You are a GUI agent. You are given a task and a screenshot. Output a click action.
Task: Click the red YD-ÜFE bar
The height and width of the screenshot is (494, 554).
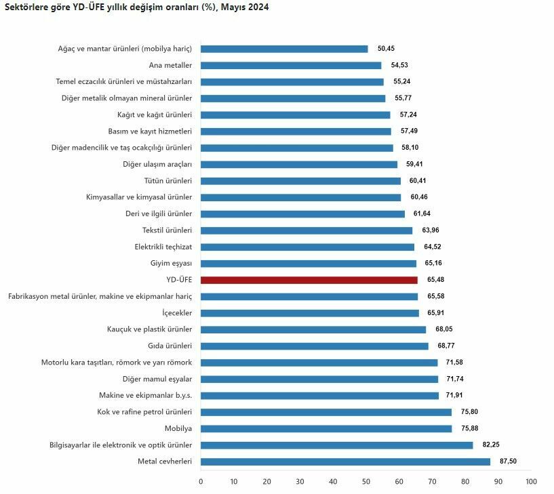tap(309, 280)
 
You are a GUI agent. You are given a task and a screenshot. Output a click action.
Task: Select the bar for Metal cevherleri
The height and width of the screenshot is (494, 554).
tap(345, 461)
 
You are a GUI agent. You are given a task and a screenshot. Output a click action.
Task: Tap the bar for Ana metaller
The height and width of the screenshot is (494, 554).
tap(290, 65)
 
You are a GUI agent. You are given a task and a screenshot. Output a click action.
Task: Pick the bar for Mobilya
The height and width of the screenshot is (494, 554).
tap(326, 428)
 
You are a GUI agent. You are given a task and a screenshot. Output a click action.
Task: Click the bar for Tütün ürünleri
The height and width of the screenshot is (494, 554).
tap(300, 181)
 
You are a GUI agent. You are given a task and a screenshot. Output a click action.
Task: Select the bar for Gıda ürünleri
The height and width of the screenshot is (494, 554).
tap(314, 346)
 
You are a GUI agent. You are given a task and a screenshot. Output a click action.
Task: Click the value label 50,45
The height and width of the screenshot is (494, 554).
tap(386, 49)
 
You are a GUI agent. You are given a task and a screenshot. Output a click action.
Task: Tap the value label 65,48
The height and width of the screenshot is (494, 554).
tap(435, 280)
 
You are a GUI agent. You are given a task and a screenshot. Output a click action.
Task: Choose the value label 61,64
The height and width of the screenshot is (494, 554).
tap(422, 214)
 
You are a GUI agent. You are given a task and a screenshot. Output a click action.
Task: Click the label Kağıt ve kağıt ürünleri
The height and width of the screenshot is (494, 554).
tap(155, 115)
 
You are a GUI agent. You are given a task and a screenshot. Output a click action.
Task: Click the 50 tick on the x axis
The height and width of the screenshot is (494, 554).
tap(366, 482)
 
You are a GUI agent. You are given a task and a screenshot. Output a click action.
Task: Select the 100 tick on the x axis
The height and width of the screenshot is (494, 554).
tap(531, 482)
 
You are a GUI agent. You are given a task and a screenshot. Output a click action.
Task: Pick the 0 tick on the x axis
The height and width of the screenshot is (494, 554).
tap(201, 482)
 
